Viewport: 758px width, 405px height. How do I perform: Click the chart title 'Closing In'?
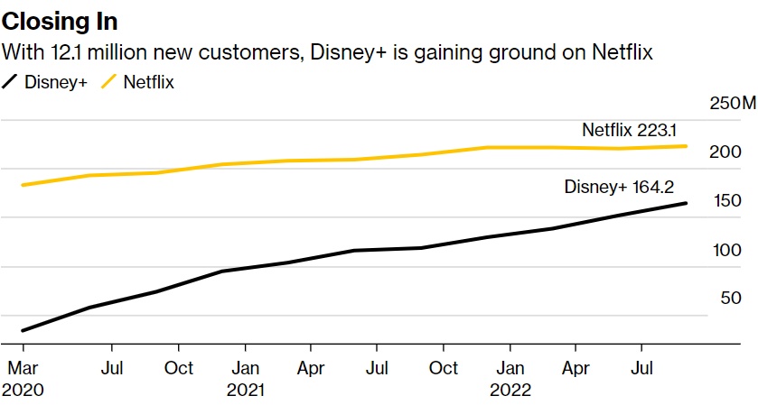point(60,21)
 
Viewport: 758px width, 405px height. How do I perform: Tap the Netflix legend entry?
point(136,82)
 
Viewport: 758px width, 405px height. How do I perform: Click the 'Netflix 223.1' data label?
point(634,130)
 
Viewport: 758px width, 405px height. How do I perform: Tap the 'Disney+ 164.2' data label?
point(620,188)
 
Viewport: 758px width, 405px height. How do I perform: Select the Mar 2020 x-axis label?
point(23,379)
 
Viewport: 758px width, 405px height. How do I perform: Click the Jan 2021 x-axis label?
point(245,379)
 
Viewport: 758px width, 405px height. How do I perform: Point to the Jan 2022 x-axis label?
point(510,379)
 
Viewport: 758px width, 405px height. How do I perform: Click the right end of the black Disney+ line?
point(686,203)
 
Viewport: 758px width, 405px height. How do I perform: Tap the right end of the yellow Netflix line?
point(686,146)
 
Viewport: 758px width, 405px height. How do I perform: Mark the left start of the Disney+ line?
point(23,331)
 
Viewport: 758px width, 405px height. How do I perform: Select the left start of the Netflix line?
point(23,185)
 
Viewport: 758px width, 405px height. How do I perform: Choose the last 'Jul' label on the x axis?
point(641,368)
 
